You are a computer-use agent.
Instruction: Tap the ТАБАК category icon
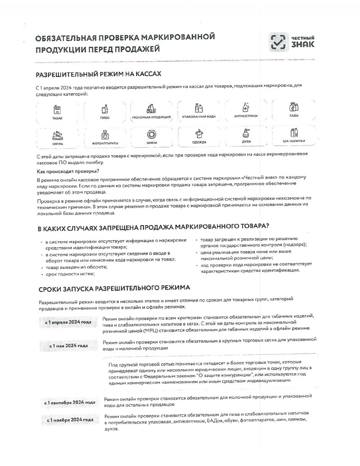(57, 109)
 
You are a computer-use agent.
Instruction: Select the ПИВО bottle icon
(105, 109)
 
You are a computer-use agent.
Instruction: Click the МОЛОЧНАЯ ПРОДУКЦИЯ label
(152, 118)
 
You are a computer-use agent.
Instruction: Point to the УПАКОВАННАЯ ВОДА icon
(199, 109)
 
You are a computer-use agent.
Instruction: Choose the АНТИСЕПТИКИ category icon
(246, 108)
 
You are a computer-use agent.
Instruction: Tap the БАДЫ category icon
(293, 107)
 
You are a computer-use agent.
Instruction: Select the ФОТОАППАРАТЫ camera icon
(105, 135)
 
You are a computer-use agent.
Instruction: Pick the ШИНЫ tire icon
(152, 134)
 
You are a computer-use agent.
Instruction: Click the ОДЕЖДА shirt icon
(199, 134)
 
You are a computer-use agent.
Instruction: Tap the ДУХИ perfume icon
(246, 133)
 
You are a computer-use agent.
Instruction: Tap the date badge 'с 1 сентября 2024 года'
(69, 402)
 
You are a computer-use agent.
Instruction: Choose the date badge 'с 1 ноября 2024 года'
(69, 420)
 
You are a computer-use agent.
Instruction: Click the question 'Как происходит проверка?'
(67, 171)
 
